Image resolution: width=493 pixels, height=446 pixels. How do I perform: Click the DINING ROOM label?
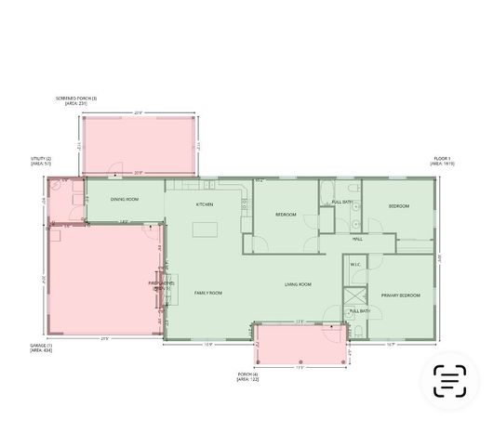[125, 200]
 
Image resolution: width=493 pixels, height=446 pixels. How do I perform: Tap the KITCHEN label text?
[204, 204]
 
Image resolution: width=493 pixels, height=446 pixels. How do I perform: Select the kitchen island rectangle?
[205, 229]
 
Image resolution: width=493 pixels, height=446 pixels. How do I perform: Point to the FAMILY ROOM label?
[207, 293]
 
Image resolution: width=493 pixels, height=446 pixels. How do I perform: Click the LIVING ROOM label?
[298, 284]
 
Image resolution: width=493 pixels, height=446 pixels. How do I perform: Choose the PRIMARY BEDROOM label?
[400, 295]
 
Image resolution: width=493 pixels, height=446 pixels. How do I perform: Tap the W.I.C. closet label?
[354, 265]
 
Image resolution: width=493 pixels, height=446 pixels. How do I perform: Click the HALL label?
[357, 240]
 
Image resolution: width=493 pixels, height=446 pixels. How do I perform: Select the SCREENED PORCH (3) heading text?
[76, 98]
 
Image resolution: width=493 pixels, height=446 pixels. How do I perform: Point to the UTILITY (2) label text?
[41, 159]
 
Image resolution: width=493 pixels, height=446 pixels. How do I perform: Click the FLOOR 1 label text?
[442, 159]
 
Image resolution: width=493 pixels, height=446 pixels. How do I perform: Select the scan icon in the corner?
[449, 381]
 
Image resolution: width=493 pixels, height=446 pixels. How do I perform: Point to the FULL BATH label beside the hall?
[341, 203]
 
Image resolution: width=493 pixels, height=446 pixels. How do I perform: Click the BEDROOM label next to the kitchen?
[286, 215]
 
